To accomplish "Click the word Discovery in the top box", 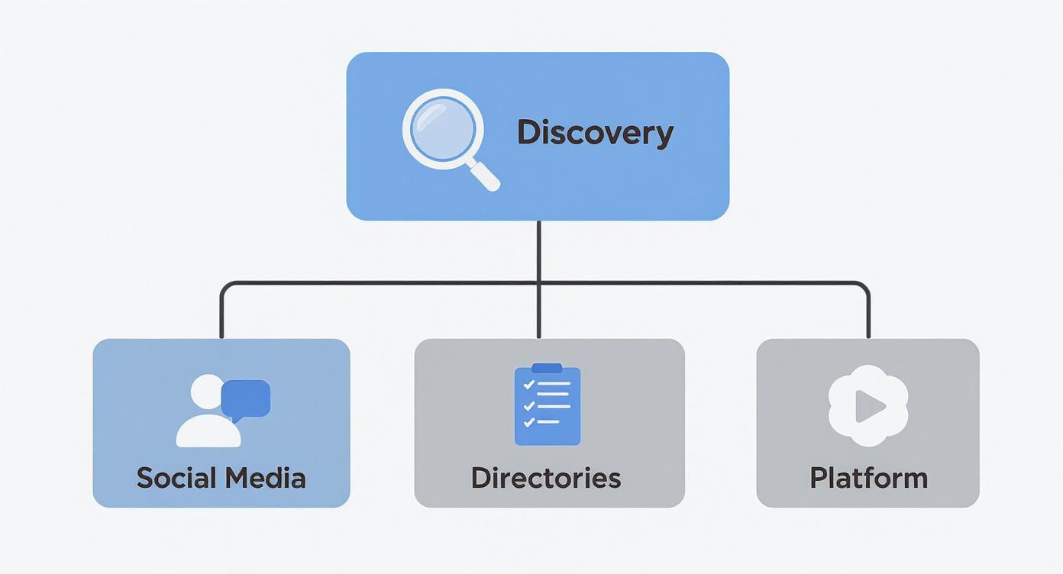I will (595, 133).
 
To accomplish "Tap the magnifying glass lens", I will (442, 127).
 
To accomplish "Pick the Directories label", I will (545, 479).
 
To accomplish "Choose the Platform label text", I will (868, 479).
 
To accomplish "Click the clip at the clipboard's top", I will (547, 369).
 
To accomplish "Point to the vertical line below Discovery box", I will (538, 252).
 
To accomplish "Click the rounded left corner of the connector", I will (224, 286).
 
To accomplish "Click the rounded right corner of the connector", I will (865, 286).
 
